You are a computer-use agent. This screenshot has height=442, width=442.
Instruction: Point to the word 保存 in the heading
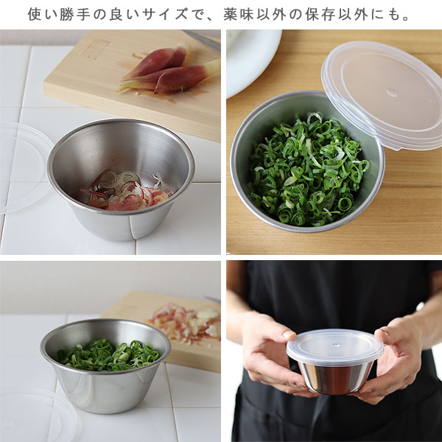coord(320,15)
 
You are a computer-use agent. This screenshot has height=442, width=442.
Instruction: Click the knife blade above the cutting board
coord(203,40)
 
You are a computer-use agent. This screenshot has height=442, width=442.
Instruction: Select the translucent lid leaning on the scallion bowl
coord(382,94)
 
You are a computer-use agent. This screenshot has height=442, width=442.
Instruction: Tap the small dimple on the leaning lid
coord(392,92)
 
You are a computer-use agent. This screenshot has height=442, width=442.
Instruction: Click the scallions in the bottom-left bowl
coord(107,354)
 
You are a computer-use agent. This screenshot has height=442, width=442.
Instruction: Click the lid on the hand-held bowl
coord(334,346)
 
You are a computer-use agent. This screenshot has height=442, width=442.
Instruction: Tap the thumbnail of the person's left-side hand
coord(288,334)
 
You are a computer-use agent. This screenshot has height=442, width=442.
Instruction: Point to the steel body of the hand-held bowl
coord(335,377)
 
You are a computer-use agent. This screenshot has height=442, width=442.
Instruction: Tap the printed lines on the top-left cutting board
coord(97,49)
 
